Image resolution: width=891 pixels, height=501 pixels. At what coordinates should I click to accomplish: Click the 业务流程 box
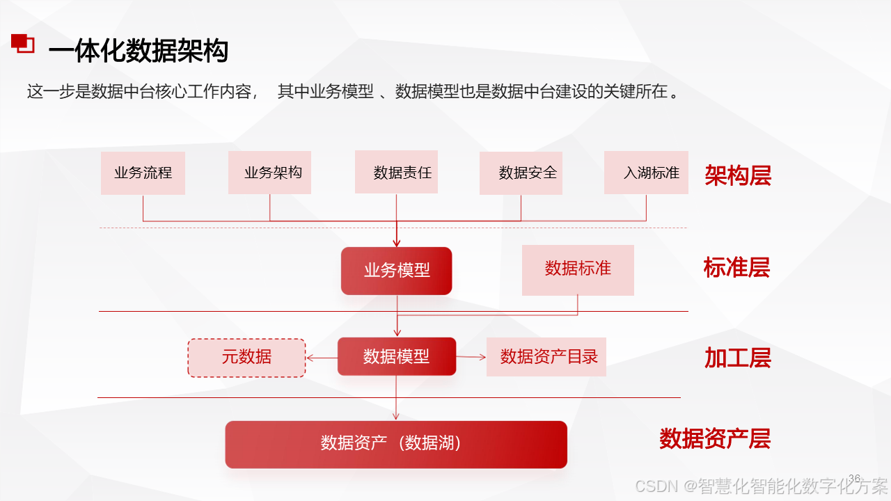pyautogui.click(x=143, y=173)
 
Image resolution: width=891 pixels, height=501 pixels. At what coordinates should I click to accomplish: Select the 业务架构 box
pyautogui.click(x=269, y=173)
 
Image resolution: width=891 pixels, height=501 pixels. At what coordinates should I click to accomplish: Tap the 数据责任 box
pyautogui.click(x=396, y=172)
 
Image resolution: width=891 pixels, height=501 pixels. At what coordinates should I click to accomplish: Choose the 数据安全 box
pyautogui.click(x=521, y=173)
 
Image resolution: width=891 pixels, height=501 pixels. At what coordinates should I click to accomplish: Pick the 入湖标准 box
pyautogui.click(x=646, y=173)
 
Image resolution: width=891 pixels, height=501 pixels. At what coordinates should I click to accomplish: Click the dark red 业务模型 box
pyautogui.click(x=396, y=271)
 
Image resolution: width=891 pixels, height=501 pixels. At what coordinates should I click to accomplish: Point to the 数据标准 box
pyautogui.click(x=578, y=270)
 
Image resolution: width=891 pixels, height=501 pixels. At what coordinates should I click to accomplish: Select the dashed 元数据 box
pyautogui.click(x=246, y=358)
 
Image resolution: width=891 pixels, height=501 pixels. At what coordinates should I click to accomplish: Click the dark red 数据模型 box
pyautogui.click(x=397, y=356)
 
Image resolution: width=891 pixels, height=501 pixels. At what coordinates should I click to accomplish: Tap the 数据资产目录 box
pyautogui.click(x=546, y=357)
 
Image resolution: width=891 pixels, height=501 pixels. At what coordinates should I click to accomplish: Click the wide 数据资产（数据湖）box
pyautogui.click(x=396, y=445)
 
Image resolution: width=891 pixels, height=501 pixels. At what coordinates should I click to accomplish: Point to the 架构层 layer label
pyautogui.click(x=738, y=175)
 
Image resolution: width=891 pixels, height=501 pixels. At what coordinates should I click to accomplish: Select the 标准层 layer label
pyautogui.click(x=736, y=267)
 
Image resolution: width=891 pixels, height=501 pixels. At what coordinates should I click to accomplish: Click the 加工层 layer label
pyautogui.click(x=738, y=358)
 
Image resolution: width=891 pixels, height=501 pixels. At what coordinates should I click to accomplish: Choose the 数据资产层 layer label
pyautogui.click(x=715, y=438)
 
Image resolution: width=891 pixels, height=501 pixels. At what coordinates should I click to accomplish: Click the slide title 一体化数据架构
pyautogui.click(x=139, y=51)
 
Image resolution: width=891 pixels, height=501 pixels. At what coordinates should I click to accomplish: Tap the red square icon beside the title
pyautogui.click(x=23, y=43)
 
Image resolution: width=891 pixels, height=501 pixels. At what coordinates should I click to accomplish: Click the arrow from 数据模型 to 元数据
pyautogui.click(x=322, y=358)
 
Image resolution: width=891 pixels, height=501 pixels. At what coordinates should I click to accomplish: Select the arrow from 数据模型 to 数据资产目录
pyautogui.click(x=471, y=357)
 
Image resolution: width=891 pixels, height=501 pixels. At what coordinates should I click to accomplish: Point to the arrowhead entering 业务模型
pyautogui.click(x=397, y=243)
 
